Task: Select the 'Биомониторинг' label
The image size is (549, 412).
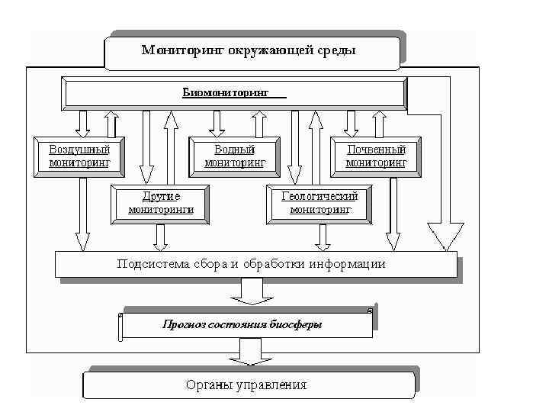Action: coord(226,92)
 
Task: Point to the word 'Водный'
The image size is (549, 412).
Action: coord(234,150)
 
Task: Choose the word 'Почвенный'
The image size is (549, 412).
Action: coord(376,150)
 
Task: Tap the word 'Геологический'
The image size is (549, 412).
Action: coord(319,196)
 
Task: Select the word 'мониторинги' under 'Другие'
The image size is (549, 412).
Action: coord(160,209)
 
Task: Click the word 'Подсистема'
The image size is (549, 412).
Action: coord(149,264)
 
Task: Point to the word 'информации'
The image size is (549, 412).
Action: coord(348,264)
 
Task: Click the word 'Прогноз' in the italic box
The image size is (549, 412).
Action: coord(180,324)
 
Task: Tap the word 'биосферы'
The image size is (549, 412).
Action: coord(295,324)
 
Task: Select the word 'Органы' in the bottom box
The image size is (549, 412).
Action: coord(206,385)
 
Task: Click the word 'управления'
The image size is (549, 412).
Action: coord(269,385)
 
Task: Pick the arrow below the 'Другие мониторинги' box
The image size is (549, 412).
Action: coord(160,237)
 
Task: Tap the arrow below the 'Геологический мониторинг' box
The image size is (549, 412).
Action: coord(323,237)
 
